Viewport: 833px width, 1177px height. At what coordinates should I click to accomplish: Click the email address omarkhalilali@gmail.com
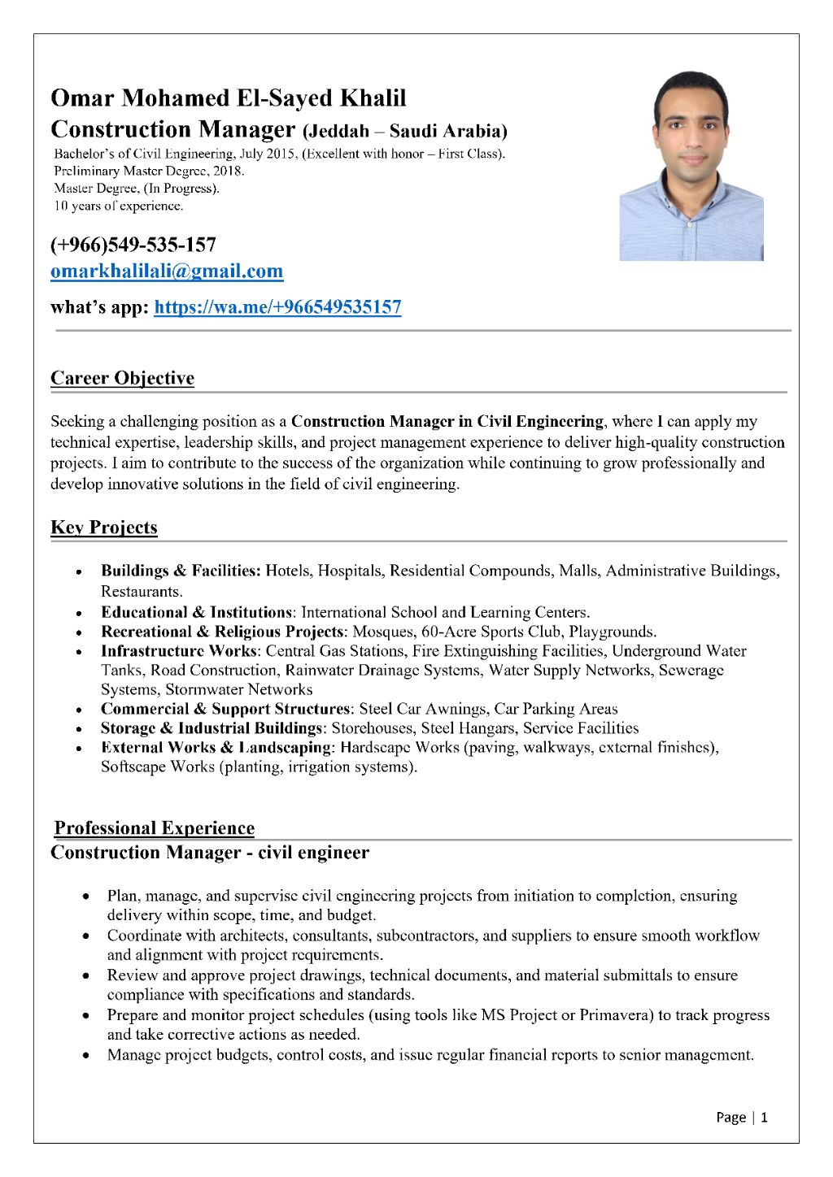167,271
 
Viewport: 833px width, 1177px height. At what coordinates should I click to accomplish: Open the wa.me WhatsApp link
277,307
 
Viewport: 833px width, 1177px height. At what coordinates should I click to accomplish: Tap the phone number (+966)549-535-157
133,245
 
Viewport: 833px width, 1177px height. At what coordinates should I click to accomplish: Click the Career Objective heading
122,378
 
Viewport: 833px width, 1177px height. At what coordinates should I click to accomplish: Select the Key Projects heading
104,528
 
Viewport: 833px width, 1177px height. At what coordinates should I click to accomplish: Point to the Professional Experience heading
154,828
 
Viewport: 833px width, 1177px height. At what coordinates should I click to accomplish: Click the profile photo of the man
691,167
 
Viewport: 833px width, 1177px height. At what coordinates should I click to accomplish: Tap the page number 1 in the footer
765,1117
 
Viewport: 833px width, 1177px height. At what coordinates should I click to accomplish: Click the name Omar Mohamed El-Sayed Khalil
228,98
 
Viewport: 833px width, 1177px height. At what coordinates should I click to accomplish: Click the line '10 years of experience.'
119,206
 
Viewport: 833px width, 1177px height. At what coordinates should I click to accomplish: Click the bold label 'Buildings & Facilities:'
181,571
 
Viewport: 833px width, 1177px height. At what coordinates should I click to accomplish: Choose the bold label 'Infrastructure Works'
179,651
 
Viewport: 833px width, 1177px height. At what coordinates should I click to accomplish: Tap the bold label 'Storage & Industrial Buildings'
212,728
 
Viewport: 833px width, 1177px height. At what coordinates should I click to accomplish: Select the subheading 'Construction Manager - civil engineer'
210,853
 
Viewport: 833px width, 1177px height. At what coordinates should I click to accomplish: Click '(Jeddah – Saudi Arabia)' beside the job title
404,131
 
